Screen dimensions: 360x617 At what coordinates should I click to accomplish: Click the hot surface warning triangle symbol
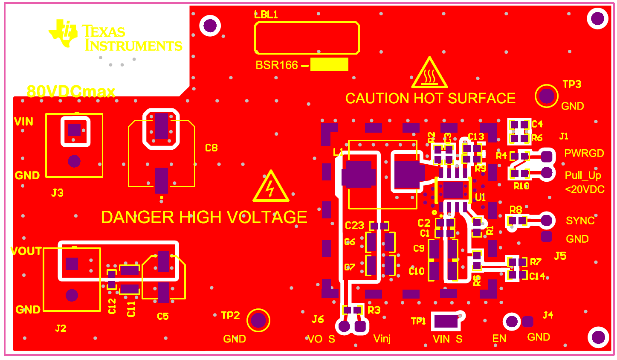(x=429, y=73)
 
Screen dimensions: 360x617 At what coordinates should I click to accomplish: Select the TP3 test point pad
(x=546, y=96)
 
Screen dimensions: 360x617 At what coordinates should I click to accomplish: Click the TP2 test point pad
(x=258, y=320)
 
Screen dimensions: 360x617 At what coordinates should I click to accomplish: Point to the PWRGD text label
(x=584, y=154)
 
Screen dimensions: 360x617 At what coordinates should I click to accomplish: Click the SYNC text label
(x=580, y=221)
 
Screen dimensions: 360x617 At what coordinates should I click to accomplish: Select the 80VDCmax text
(x=71, y=91)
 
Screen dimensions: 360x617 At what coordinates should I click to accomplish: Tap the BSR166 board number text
(x=277, y=65)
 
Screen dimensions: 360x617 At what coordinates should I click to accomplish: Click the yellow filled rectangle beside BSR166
(x=329, y=64)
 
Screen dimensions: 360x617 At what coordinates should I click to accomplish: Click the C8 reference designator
(x=211, y=148)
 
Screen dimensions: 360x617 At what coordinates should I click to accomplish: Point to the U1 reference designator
(x=480, y=197)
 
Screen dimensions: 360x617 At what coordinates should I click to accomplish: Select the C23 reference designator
(x=354, y=226)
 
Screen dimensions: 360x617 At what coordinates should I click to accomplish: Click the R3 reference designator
(x=374, y=310)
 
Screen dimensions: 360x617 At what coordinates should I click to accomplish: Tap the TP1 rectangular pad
(x=446, y=321)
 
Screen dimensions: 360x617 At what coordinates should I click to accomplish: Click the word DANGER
(x=138, y=218)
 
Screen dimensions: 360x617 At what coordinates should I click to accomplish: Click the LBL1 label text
(x=266, y=15)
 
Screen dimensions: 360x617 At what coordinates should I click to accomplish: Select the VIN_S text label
(x=447, y=339)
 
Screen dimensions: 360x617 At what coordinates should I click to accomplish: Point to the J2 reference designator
(x=61, y=328)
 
